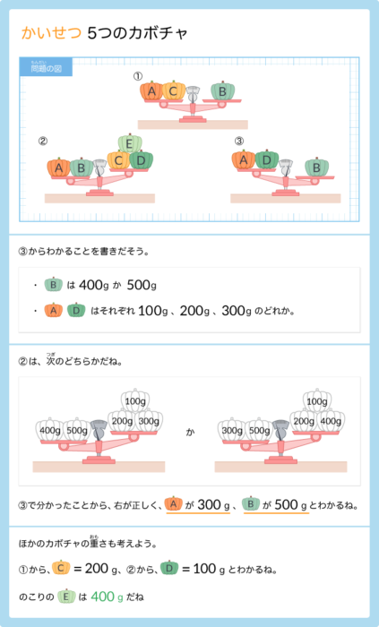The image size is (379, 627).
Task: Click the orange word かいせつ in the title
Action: pyautogui.click(x=51, y=34)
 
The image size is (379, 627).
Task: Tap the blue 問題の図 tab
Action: pyautogui.click(x=46, y=67)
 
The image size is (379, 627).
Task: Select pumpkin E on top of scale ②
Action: pyautogui.click(x=130, y=143)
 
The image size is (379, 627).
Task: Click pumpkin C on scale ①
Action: pyautogui.click(x=173, y=90)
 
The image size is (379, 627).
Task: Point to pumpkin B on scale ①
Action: pyautogui.click(x=222, y=90)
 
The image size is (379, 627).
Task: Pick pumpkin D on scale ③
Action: pyautogui.click(x=267, y=160)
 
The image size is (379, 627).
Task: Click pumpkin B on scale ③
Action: pyautogui.click(x=316, y=167)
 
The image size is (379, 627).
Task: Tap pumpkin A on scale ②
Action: pyautogui.click(x=59, y=167)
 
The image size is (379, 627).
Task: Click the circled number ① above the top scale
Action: pyautogui.click(x=138, y=76)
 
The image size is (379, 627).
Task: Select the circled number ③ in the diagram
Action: pyautogui.click(x=238, y=141)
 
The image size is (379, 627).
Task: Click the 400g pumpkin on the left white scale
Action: pyautogui.click(x=50, y=429)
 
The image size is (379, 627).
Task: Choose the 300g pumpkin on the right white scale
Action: pyautogui.click(x=232, y=429)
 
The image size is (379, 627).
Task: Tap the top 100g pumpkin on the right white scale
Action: pyautogui.click(x=317, y=399)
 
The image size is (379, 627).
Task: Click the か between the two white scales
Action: pyautogui.click(x=190, y=432)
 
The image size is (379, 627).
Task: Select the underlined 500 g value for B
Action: pyautogui.click(x=290, y=505)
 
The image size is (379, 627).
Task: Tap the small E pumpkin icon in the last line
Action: pyautogui.click(x=66, y=596)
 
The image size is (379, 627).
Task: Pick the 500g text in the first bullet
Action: pyautogui.click(x=142, y=285)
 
